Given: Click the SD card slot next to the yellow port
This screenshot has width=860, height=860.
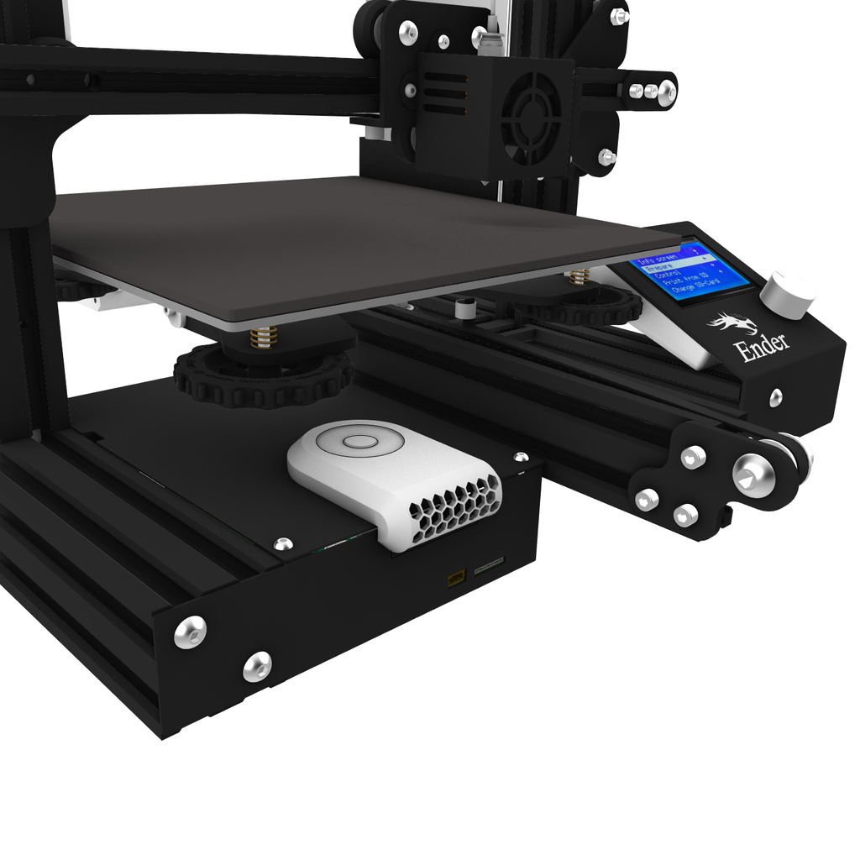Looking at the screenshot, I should [x=489, y=569].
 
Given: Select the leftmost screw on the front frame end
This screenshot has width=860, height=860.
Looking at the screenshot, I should [x=190, y=631].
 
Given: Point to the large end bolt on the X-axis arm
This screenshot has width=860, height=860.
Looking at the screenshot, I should [x=666, y=91].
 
